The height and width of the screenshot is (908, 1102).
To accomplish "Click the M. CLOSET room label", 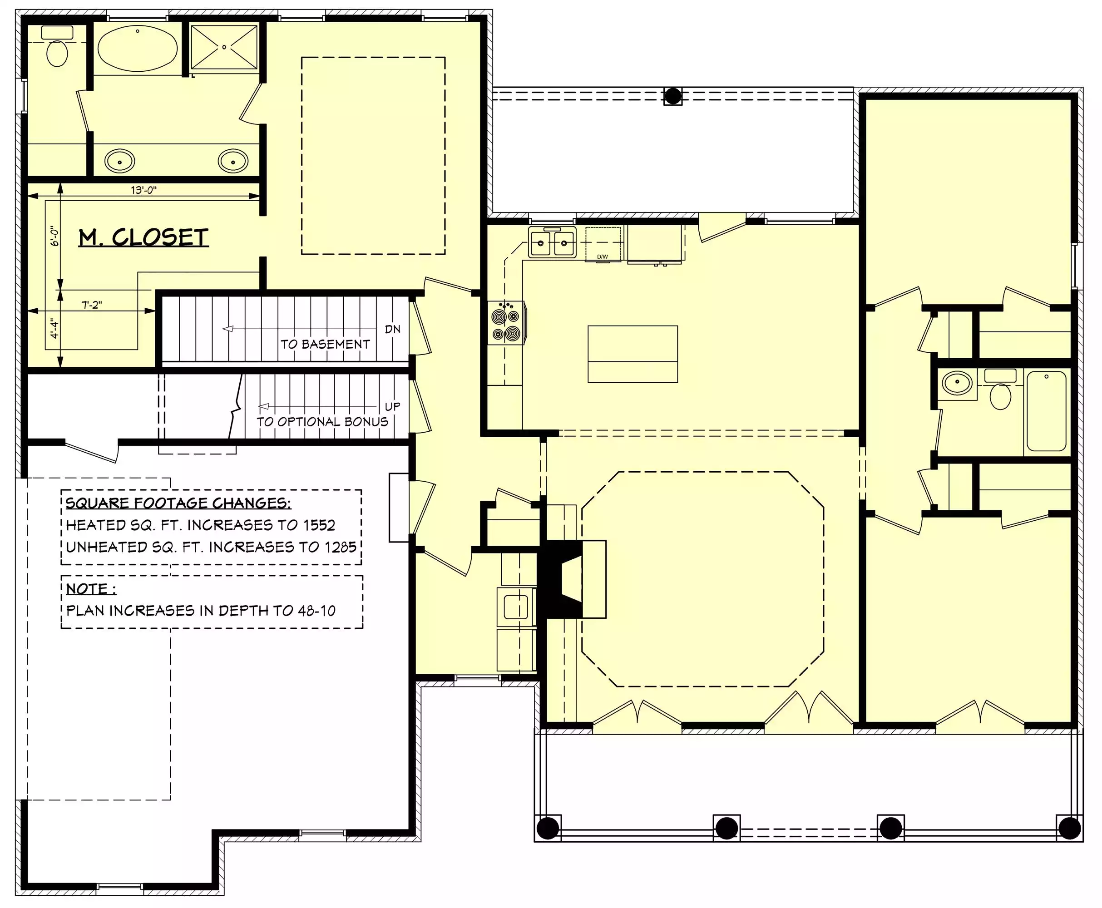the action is (144, 237).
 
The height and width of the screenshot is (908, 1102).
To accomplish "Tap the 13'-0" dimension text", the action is (143, 190).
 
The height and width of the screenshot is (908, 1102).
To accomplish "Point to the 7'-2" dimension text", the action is (92, 305).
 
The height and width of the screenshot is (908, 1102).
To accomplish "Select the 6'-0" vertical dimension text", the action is (55, 236).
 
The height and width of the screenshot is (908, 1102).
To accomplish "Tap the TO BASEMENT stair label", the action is (325, 344).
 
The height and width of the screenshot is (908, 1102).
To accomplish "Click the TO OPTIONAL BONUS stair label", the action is (322, 422).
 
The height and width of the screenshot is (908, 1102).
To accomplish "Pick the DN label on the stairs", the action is (393, 329).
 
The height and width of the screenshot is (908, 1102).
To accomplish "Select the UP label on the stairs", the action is (393, 406).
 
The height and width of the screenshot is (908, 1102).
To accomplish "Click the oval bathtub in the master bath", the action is (138, 48).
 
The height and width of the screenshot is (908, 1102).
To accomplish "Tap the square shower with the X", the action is (224, 47).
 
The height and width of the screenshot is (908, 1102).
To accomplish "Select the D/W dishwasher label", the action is (603, 257).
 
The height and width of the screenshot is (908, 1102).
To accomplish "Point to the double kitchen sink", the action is (552, 242).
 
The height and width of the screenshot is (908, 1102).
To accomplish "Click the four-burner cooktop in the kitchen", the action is (506, 323).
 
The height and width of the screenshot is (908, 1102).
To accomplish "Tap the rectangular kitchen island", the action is (633, 354).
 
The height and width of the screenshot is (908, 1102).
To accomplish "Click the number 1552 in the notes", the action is (320, 525).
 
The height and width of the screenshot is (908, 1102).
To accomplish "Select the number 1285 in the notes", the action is (341, 547).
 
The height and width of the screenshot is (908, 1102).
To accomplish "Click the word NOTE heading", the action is (87, 589).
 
